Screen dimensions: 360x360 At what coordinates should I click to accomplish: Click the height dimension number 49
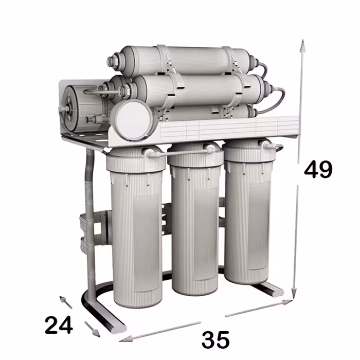point(318,169)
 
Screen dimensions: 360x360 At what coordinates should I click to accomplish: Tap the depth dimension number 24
point(58,325)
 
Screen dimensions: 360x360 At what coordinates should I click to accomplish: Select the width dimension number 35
point(215,340)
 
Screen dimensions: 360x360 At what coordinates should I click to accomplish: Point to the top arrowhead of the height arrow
point(303,47)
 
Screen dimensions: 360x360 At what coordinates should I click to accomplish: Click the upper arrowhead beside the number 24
point(63,300)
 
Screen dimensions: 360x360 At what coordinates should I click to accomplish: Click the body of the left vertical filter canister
point(135,237)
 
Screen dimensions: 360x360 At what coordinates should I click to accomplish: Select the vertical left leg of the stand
point(89,216)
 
